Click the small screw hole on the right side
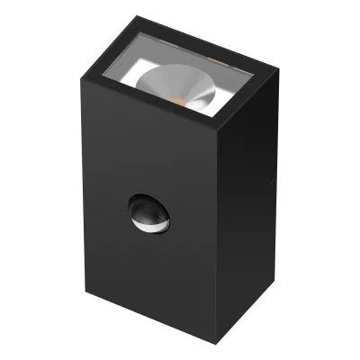click(x=272, y=182)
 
